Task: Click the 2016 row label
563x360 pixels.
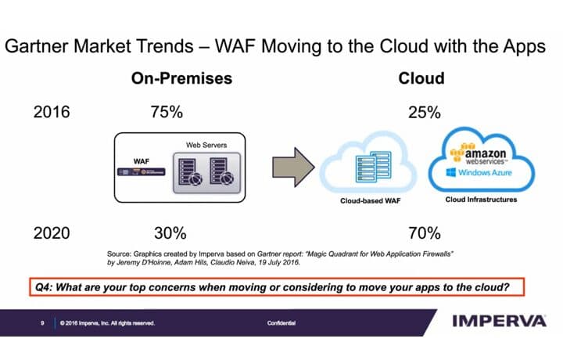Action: click(52, 112)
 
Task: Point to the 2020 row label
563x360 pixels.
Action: click(52, 232)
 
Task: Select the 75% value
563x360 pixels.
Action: click(166, 112)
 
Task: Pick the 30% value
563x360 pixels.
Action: click(169, 232)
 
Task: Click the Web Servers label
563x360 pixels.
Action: click(204, 145)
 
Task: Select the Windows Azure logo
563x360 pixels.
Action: click(482, 171)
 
